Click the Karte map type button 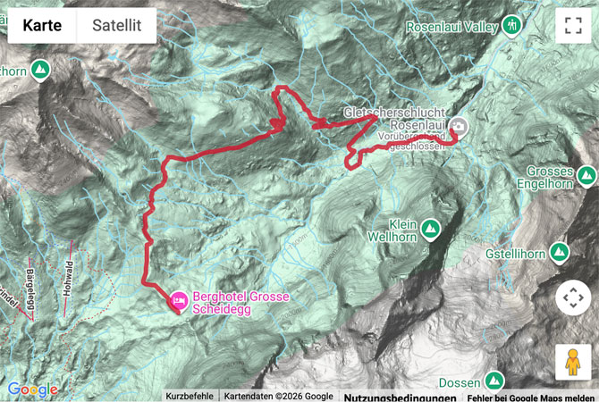tap(42, 26)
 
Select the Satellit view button tap(116, 26)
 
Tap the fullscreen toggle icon tap(573, 26)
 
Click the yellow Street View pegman tap(573, 362)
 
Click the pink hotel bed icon tap(178, 303)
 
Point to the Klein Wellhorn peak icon tap(430, 230)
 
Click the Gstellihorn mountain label tap(516, 255)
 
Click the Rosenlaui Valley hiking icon tap(510, 24)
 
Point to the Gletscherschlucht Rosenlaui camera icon tap(458, 127)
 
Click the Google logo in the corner tap(32, 389)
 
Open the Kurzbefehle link tap(190, 396)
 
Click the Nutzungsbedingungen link tap(394, 396)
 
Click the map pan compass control tap(573, 297)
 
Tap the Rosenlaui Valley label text tap(451, 27)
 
